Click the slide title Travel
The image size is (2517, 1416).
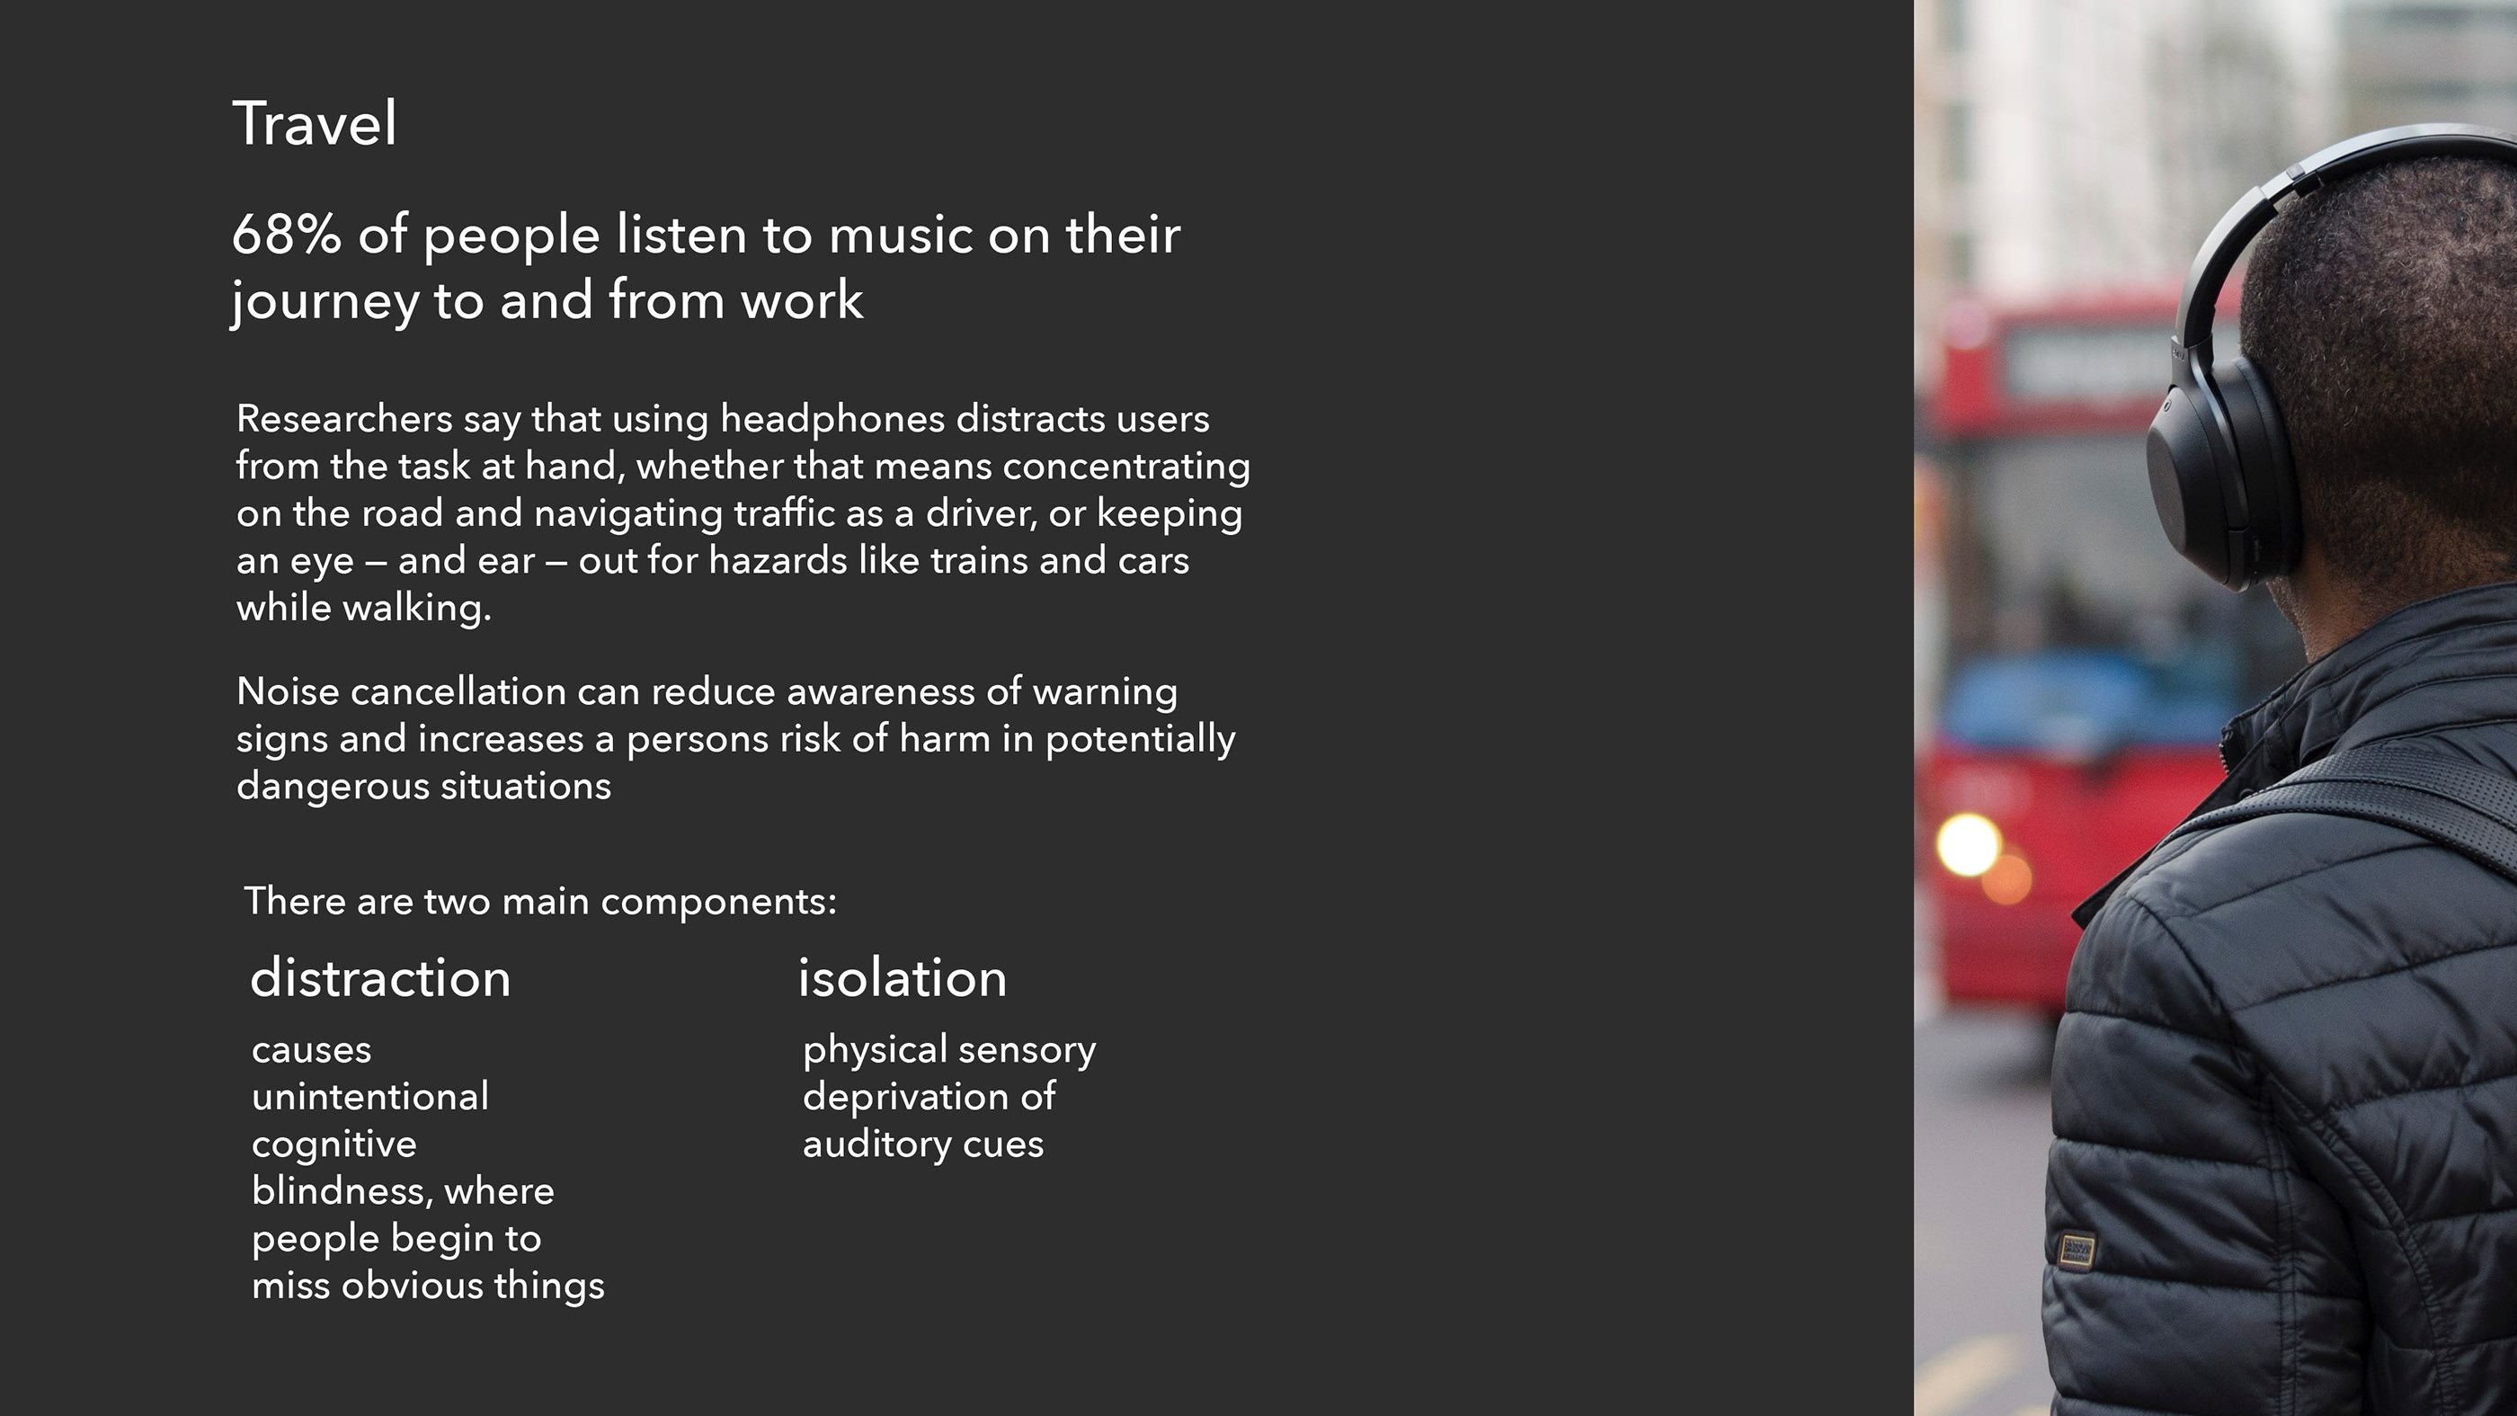tap(315, 124)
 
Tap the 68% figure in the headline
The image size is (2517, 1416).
tap(286, 236)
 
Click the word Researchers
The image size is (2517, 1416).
tap(344, 419)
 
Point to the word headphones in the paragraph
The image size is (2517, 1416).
tap(832, 419)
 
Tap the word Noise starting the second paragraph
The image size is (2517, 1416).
tap(288, 692)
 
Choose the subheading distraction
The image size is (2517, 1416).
tap(380, 978)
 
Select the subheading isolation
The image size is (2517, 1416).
tap(902, 978)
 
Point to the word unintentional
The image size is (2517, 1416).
tap(370, 1098)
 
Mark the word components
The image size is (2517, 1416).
tap(718, 901)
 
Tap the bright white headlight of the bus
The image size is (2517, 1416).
tap(1968, 844)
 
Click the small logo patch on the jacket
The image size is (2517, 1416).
tap(2077, 1250)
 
